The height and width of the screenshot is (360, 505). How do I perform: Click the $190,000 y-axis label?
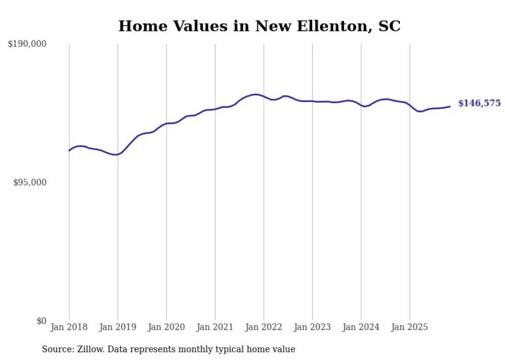(27, 44)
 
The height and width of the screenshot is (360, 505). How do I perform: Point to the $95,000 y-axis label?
(30, 182)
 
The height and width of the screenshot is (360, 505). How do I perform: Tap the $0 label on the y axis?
(42, 321)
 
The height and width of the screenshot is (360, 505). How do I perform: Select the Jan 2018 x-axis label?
(69, 327)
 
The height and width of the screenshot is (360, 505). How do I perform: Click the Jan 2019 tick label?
(117, 327)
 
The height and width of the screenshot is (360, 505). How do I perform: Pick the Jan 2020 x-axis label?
(166, 327)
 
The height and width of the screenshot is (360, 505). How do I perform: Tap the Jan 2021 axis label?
(215, 327)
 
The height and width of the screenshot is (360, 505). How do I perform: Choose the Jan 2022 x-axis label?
(264, 327)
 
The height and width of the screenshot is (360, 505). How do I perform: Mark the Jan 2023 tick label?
(312, 327)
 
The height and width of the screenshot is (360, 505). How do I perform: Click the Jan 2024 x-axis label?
(361, 327)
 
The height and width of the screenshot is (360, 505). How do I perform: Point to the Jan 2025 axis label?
(410, 327)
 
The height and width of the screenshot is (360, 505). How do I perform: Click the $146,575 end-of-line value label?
(479, 104)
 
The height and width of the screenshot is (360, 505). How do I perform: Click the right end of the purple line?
(450, 107)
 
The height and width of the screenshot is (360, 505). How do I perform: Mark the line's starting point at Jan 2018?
(69, 150)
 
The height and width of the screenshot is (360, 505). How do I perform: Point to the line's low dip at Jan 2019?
(116, 155)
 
